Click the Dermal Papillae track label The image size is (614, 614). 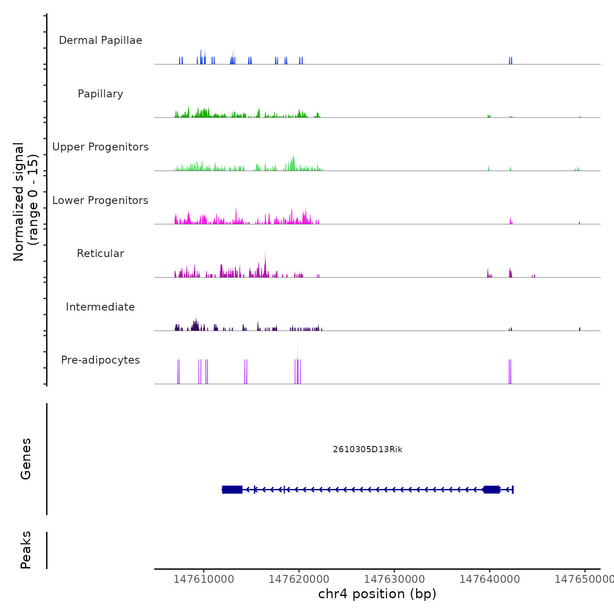coord(100,40)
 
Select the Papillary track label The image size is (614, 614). coord(100,94)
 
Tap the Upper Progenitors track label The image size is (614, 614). coord(100,147)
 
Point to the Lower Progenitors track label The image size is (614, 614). coord(100,200)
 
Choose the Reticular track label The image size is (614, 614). coord(100,253)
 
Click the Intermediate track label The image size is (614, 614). coord(100,307)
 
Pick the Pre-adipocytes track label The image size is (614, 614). coord(100,360)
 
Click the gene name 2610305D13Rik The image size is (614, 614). coord(368,450)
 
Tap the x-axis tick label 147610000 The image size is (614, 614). coord(204,579)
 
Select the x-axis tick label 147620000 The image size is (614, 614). coord(299,579)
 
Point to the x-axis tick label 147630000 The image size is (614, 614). coord(394,579)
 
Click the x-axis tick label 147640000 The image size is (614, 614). coord(489,579)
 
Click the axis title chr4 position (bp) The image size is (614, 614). coord(377,594)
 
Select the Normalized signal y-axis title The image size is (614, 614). coord(25,201)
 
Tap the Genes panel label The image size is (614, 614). coord(26,459)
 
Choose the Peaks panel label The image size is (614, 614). coord(26,550)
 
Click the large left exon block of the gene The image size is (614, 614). coord(232,489)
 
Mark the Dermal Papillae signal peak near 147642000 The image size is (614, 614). coord(510,61)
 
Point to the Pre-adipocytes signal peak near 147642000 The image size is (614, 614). coord(510,372)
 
